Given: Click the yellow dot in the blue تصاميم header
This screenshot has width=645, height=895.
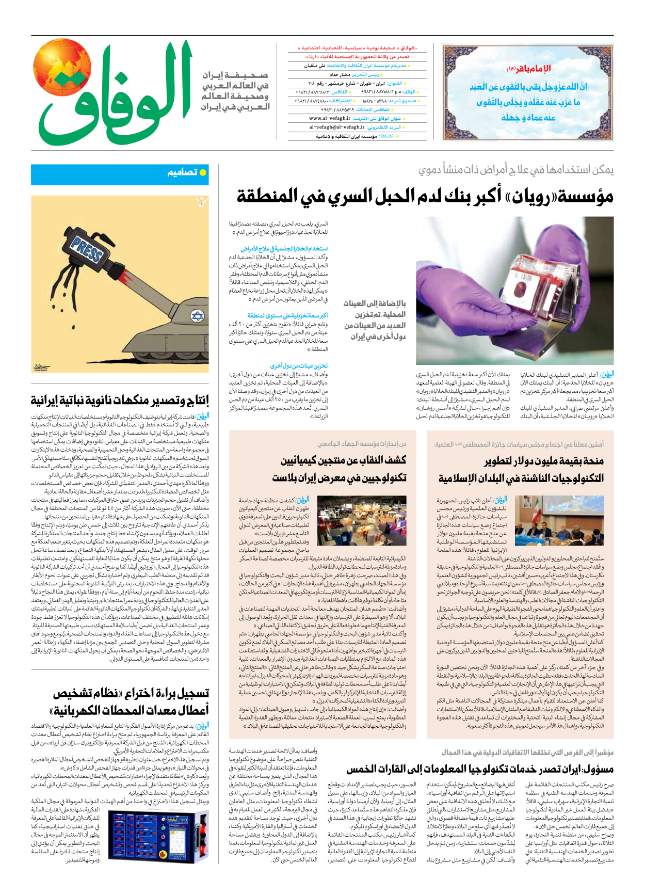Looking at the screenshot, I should pyautogui.click(x=203, y=172).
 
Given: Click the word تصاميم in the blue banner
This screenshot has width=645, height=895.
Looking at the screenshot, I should pyautogui.click(x=182, y=172).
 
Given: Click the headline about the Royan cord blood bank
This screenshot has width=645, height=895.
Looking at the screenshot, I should pyautogui.click(x=425, y=196).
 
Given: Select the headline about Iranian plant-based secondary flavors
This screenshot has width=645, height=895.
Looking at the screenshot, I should pyautogui.click(x=120, y=400).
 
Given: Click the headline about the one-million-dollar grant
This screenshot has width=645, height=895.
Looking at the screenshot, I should pyautogui.click(x=521, y=469).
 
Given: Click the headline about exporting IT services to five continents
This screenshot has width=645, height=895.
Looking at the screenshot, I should pyautogui.click(x=480, y=770).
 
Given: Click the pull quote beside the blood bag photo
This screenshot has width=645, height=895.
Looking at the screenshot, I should pyautogui.click(x=375, y=320).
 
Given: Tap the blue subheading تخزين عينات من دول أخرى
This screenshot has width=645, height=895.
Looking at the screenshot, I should pyautogui.click(x=299, y=365).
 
